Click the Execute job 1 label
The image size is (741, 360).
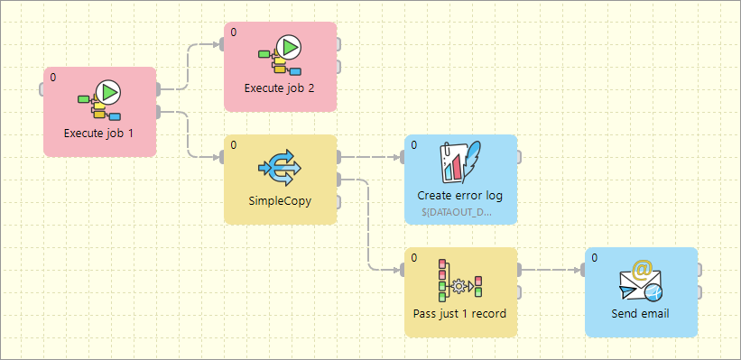click(x=99, y=133)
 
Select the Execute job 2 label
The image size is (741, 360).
click(x=280, y=88)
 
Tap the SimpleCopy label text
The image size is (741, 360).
click(x=280, y=200)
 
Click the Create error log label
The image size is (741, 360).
click(x=460, y=195)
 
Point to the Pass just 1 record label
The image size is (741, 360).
click(x=460, y=313)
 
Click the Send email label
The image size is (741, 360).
click(x=641, y=313)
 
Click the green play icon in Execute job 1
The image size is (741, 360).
click(x=108, y=91)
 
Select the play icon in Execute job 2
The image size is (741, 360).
click(x=289, y=46)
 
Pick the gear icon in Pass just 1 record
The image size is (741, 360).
click(x=459, y=286)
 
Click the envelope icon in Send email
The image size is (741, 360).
click(x=641, y=282)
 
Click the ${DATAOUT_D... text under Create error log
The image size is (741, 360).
click(x=457, y=212)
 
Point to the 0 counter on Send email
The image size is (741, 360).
click(x=595, y=258)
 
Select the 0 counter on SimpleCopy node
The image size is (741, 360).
click(x=234, y=145)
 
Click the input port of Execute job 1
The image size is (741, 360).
click(x=42, y=89)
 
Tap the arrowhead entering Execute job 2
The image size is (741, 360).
click(x=218, y=44)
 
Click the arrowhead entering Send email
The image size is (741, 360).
click(x=579, y=270)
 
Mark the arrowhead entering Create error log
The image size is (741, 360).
click(x=399, y=157)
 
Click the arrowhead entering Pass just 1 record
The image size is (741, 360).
click(x=399, y=270)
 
